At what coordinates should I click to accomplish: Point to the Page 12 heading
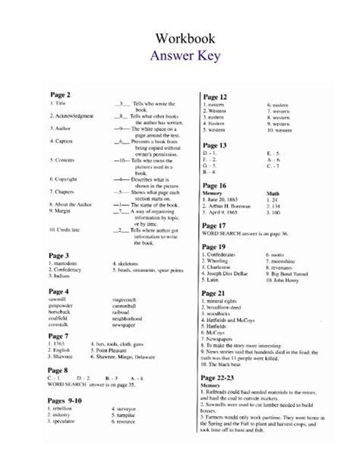(x=215, y=96)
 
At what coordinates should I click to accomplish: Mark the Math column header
(x=274, y=193)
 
